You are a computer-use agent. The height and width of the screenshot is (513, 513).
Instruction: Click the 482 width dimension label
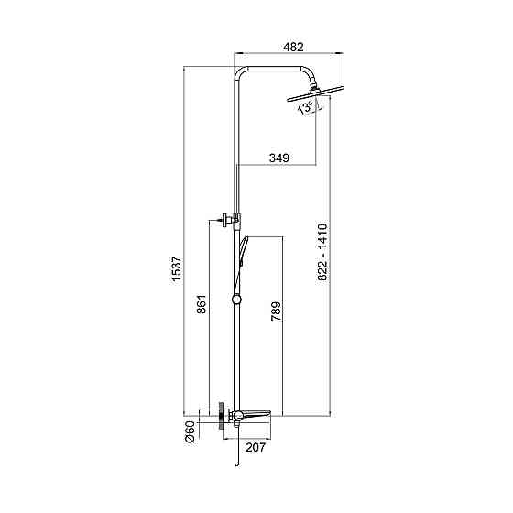293,47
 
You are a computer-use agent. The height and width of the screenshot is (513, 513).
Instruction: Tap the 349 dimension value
279,158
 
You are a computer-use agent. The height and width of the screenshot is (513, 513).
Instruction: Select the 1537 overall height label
177,268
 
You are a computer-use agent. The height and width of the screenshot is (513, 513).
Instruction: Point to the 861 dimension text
202,304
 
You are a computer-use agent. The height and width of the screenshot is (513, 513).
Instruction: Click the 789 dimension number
276,311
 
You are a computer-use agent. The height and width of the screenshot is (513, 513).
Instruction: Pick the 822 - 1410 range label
322,252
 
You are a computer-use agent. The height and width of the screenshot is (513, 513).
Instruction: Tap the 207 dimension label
256,447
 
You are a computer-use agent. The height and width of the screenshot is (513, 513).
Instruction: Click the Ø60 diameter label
190,431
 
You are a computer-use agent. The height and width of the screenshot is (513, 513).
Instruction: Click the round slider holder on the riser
235,300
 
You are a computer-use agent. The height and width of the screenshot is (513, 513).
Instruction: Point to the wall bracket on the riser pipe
229,219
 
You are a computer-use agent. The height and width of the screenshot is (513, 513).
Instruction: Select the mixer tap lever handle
256,413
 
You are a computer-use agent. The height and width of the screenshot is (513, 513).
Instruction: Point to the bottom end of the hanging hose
236,464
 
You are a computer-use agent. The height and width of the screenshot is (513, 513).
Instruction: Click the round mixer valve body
237,416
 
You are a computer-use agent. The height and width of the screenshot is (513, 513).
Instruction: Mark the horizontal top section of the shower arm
274,69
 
